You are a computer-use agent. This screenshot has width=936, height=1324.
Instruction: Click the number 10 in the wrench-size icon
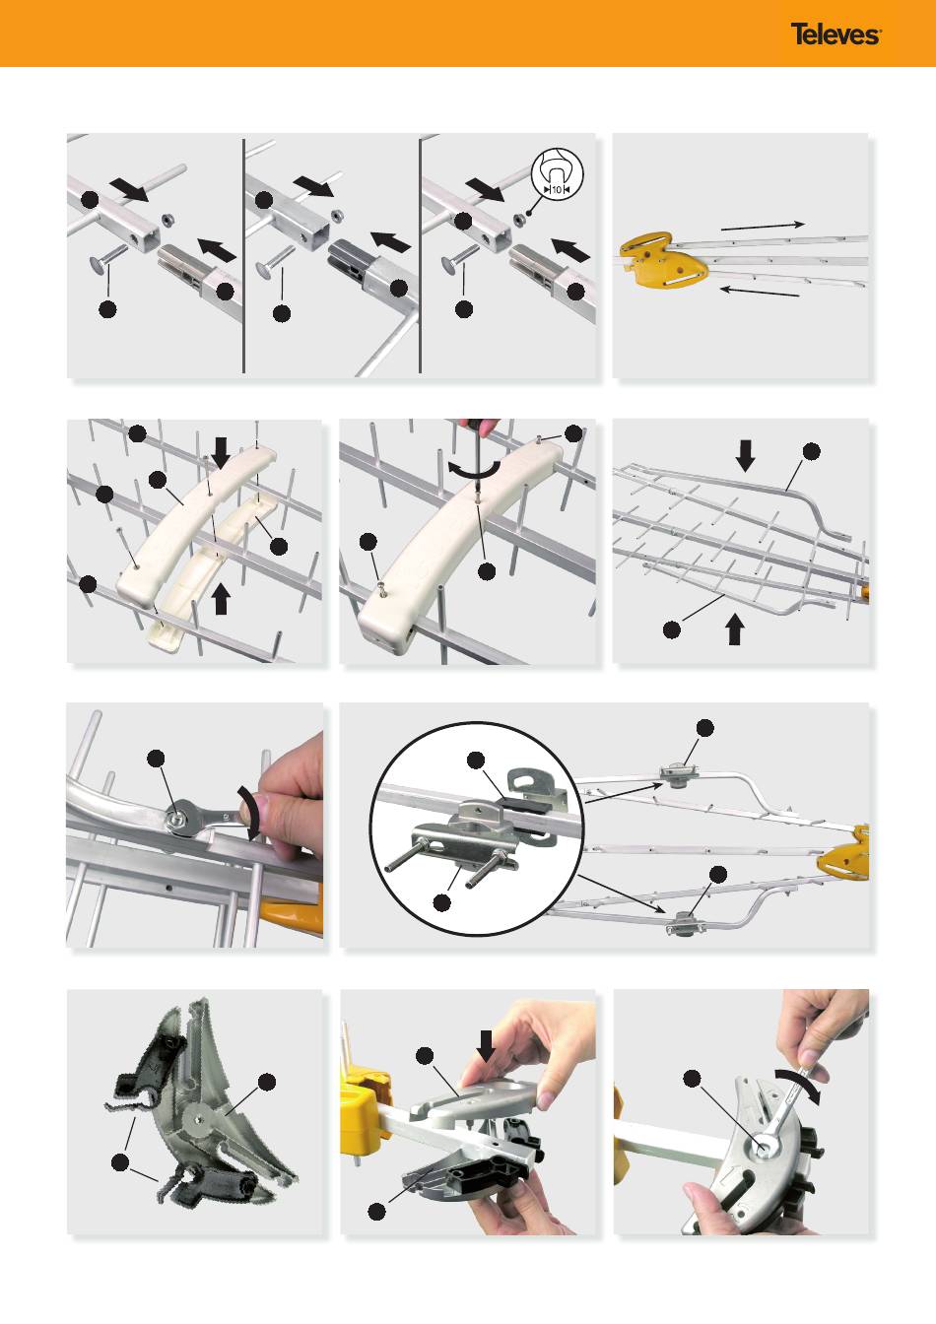[557, 190]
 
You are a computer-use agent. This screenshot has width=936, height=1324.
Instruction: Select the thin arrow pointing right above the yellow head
[763, 226]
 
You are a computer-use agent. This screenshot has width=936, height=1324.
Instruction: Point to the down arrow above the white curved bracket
[221, 453]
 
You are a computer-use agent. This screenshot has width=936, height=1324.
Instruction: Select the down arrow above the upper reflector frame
[746, 456]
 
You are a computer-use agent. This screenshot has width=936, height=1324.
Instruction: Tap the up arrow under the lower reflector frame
[734, 629]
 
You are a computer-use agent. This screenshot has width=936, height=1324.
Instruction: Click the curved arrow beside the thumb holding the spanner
[250, 811]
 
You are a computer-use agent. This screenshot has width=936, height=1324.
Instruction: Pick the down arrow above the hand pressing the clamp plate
[486, 1045]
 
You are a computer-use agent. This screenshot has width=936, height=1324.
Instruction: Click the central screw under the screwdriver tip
[477, 493]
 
